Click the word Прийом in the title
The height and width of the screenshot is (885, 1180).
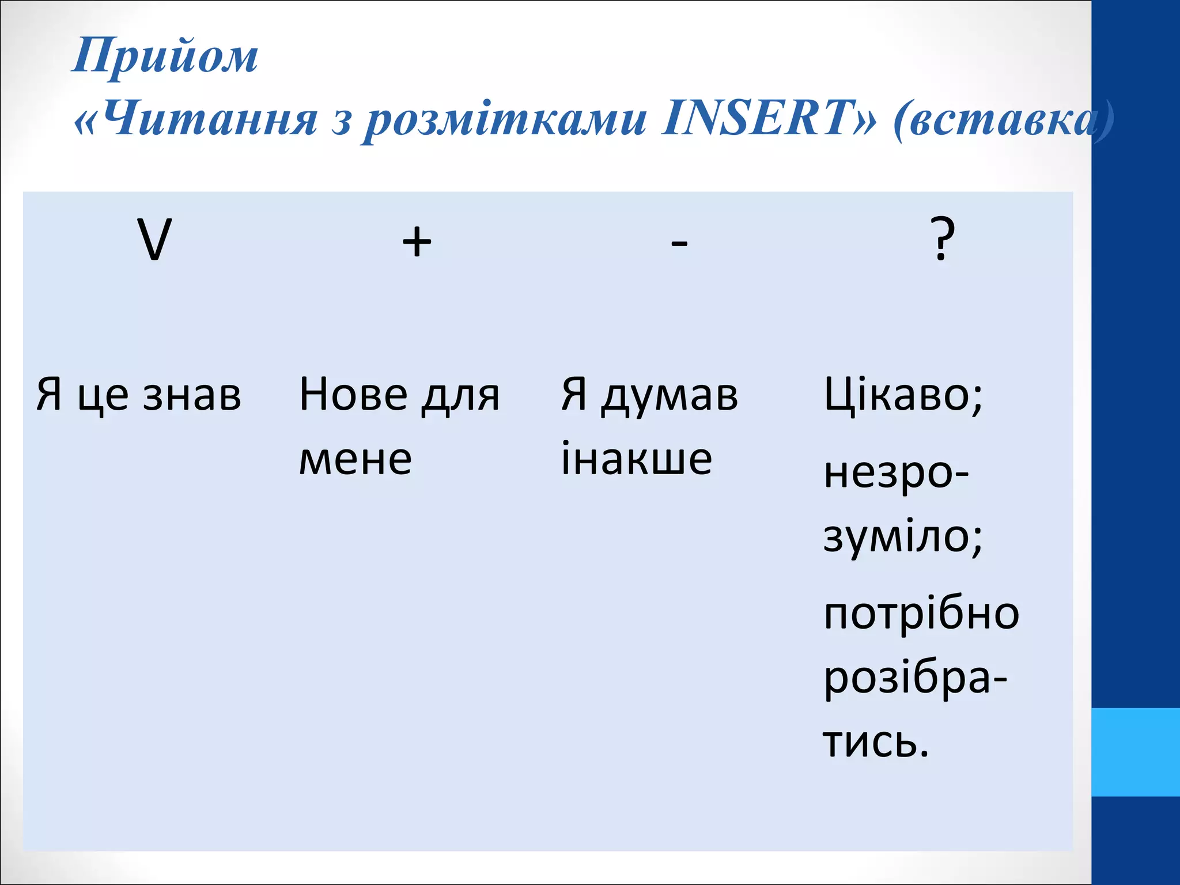[x=165, y=56]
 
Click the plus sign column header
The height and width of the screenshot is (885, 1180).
[x=417, y=241]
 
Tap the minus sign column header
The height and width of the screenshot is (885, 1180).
[x=679, y=243]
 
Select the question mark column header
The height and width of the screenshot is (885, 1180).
[x=943, y=239]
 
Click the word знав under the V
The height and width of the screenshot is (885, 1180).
[x=192, y=395]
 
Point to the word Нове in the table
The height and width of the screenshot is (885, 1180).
[x=353, y=395]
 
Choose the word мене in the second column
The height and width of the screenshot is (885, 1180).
[x=355, y=459]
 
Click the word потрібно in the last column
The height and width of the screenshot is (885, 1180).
[x=921, y=614]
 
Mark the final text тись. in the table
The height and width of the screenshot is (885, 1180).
[x=876, y=742]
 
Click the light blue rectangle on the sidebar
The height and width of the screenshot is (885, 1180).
[x=1136, y=752]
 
